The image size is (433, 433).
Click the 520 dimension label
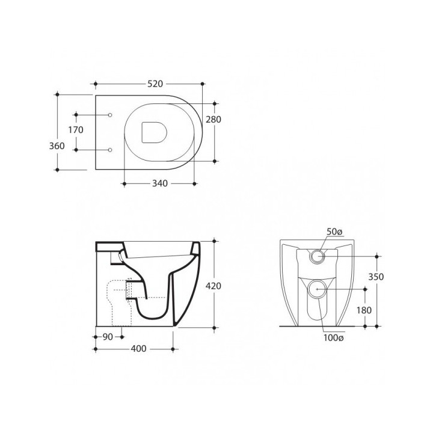point(155,84)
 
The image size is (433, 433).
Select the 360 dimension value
point(57,146)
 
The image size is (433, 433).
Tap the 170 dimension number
point(76,130)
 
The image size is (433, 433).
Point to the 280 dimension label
point(213,119)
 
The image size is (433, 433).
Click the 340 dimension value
point(160,183)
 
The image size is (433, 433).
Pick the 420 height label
point(213,286)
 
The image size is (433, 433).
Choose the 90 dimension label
point(108,337)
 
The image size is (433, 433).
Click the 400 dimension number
point(138,349)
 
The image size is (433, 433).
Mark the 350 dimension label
point(376,277)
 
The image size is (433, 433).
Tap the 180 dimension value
point(364,310)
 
